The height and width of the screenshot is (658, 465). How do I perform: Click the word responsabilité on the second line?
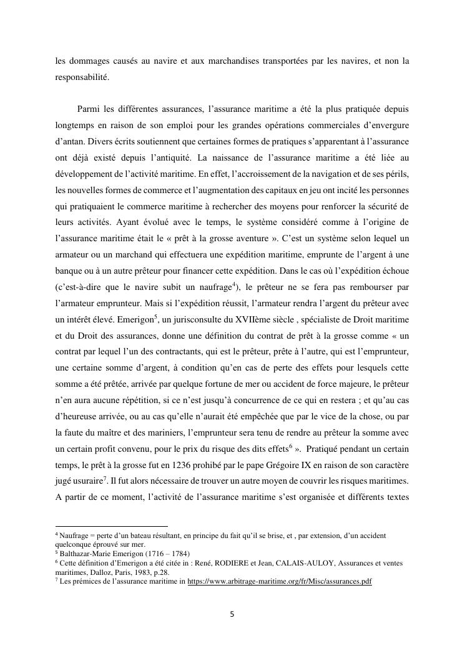click(x=82, y=77)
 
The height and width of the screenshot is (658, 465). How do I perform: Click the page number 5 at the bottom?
click(x=233, y=614)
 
